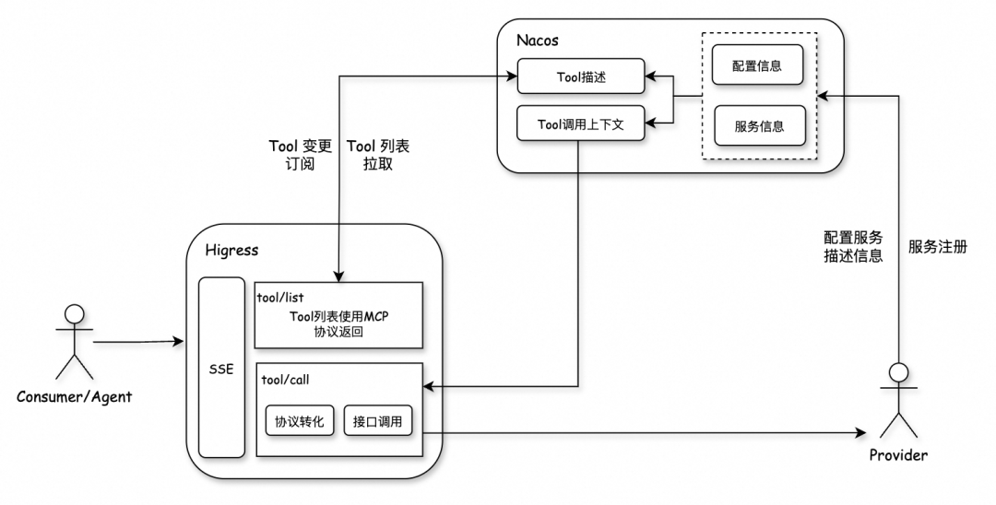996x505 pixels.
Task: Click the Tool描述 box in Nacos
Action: tap(580, 77)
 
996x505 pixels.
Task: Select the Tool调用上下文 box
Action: tap(580, 123)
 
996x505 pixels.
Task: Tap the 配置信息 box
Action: tap(759, 68)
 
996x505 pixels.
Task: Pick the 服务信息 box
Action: tap(759, 126)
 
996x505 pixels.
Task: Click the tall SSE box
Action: tap(221, 368)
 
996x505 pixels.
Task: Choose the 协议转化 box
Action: tap(300, 421)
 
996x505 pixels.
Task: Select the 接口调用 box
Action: tap(377, 421)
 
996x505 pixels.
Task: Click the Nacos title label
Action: tap(538, 41)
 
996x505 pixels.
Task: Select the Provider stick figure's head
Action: tap(898, 372)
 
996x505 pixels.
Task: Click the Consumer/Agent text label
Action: tap(75, 397)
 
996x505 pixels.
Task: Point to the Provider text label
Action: tap(898, 455)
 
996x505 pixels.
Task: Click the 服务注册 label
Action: tap(937, 247)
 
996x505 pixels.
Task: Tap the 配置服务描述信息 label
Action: tap(853, 246)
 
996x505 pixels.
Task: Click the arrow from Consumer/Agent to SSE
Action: tap(138, 342)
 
